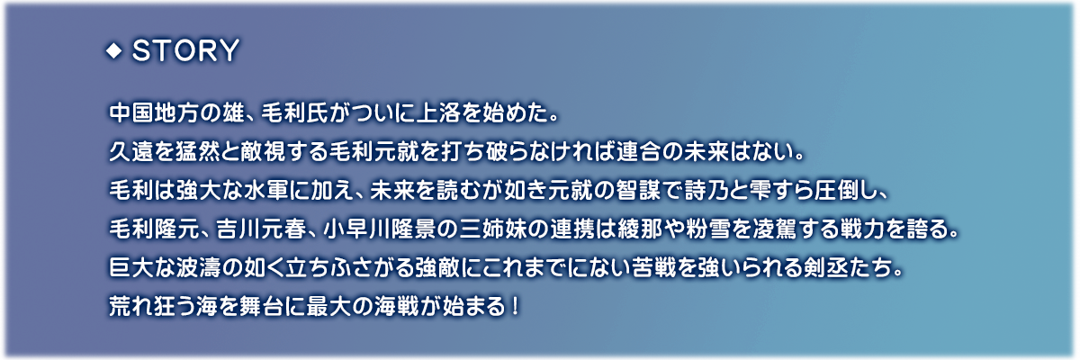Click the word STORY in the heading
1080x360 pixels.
(x=185, y=50)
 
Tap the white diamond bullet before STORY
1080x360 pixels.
(x=113, y=50)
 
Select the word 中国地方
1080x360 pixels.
(x=153, y=113)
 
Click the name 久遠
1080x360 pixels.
(x=131, y=152)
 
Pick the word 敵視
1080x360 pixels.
(x=263, y=152)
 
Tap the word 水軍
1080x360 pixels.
(x=263, y=191)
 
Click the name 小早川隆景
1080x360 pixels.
(x=380, y=229)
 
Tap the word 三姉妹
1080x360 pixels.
(x=492, y=229)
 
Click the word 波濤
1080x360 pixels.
(x=197, y=268)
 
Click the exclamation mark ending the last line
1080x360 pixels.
(x=516, y=307)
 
